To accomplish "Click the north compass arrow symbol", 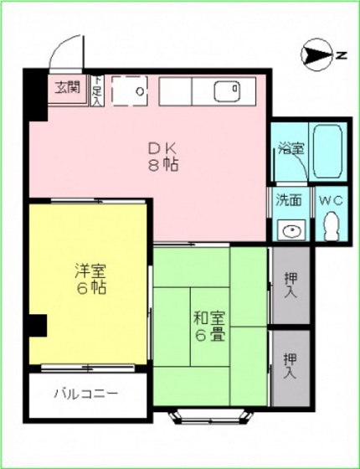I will click(x=317, y=56).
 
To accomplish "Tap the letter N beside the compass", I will click(x=342, y=56).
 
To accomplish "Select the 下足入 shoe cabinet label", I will click(x=96, y=87).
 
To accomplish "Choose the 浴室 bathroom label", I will click(x=291, y=148).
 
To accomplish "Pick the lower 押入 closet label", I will click(x=290, y=363).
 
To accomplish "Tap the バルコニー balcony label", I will click(x=86, y=392).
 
